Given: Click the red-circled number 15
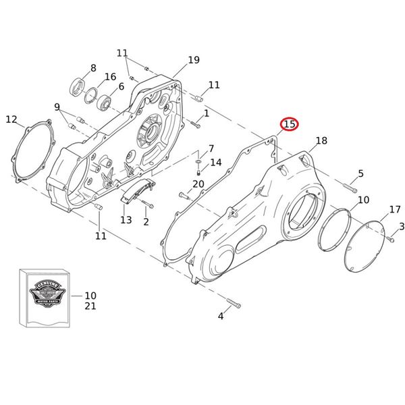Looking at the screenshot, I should pyautogui.click(x=289, y=124).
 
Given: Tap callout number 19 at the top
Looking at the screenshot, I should pyautogui.click(x=194, y=60).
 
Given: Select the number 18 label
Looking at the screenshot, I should pyautogui.click(x=321, y=140).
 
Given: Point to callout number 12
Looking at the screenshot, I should pyautogui.click(x=11, y=119).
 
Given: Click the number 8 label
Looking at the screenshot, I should pyautogui.click(x=93, y=67).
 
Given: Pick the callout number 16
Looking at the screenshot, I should pyautogui.click(x=110, y=77).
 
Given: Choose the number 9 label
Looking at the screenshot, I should pyautogui.click(x=57, y=107).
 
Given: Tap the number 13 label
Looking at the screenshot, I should pyautogui.click(x=126, y=220).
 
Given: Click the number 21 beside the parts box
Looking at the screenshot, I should pyautogui.click(x=90, y=306).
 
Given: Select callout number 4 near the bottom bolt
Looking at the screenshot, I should pyautogui.click(x=220, y=316).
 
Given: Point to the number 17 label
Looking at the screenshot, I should pyautogui.click(x=395, y=209).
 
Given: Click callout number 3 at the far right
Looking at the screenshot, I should pyautogui.click(x=402, y=226).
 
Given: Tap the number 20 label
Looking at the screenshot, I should pyautogui.click(x=198, y=184).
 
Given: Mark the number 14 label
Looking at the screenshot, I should pyautogui.click(x=215, y=163).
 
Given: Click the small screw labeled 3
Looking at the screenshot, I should pyautogui.click(x=391, y=237).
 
